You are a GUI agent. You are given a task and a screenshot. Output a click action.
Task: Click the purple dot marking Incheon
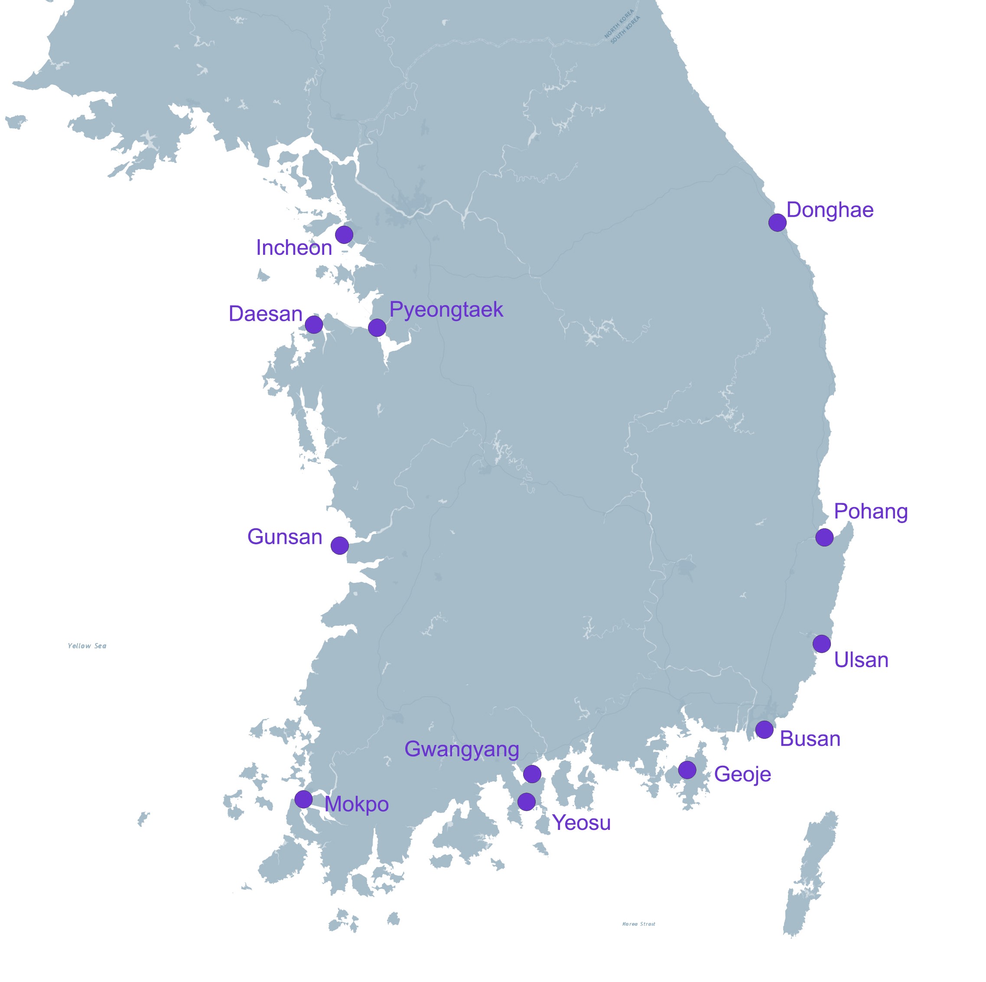tap(344, 235)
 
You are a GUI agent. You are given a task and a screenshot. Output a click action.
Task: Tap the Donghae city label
tap(830, 210)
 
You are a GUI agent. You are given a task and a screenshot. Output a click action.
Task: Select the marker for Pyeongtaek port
tap(377, 328)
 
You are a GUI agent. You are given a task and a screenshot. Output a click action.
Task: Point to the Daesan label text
tap(265, 314)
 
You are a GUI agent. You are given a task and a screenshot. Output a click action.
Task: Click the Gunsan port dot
tap(339, 546)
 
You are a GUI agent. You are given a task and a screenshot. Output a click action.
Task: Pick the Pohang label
tap(871, 511)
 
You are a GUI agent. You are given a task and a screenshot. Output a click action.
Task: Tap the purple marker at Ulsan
tap(821, 644)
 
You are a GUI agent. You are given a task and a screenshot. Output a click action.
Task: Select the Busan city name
tap(810, 739)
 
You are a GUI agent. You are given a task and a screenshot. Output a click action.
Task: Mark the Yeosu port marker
tap(526, 802)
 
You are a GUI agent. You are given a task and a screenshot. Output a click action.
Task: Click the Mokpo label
tap(356, 804)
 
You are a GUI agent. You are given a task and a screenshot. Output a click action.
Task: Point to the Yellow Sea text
tap(87, 646)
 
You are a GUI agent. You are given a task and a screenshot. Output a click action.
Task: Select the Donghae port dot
tap(777, 223)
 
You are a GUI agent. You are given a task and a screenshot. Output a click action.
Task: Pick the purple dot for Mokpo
tap(303, 799)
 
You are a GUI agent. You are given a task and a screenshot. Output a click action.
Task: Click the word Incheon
tap(294, 248)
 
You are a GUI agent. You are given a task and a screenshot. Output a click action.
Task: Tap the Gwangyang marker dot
tap(532, 774)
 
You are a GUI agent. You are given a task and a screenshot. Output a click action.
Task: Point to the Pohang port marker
tap(824, 537)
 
